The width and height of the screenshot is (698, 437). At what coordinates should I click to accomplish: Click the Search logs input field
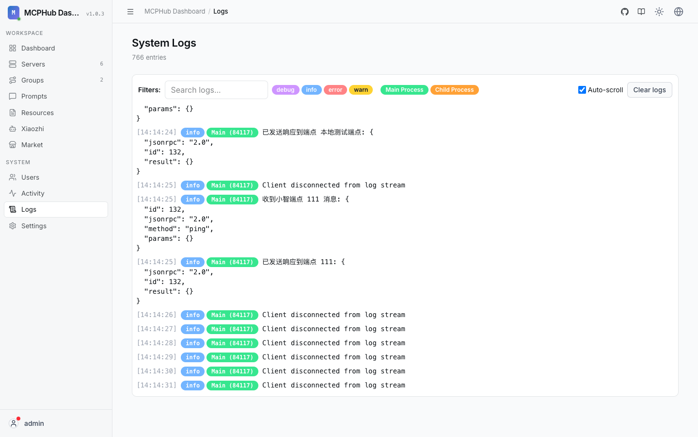click(x=216, y=90)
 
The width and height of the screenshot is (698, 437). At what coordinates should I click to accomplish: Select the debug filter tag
click(x=286, y=90)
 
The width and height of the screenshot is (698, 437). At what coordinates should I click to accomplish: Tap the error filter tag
click(x=335, y=90)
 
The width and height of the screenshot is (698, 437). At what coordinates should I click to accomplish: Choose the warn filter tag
click(x=361, y=90)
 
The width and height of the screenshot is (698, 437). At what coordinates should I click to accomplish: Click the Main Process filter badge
click(x=404, y=90)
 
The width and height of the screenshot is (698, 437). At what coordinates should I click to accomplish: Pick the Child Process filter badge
click(x=454, y=90)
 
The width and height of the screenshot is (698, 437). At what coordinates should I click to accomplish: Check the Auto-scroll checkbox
click(x=582, y=90)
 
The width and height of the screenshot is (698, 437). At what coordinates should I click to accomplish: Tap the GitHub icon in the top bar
click(x=624, y=12)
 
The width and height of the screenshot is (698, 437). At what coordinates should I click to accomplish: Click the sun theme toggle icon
click(x=659, y=12)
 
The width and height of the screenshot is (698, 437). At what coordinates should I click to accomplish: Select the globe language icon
click(x=679, y=12)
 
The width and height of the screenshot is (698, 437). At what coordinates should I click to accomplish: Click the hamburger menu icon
click(x=130, y=12)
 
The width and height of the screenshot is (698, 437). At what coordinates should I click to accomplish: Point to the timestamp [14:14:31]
click(x=157, y=385)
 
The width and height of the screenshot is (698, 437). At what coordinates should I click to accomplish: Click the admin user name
click(x=34, y=423)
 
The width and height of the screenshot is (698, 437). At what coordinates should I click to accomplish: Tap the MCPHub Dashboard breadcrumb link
click(x=174, y=11)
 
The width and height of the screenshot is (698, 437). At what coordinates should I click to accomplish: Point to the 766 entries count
click(x=149, y=57)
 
